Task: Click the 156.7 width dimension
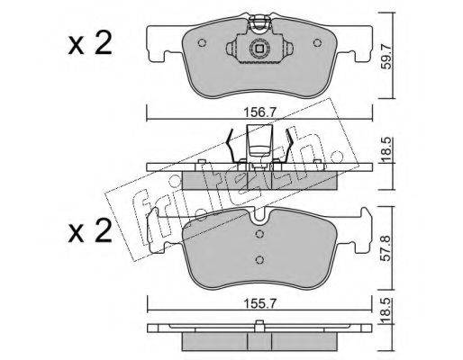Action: [259, 113]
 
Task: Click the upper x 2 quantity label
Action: [90, 43]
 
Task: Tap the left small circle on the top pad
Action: [202, 43]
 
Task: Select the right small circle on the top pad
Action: [317, 43]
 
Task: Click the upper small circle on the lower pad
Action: [259, 234]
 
